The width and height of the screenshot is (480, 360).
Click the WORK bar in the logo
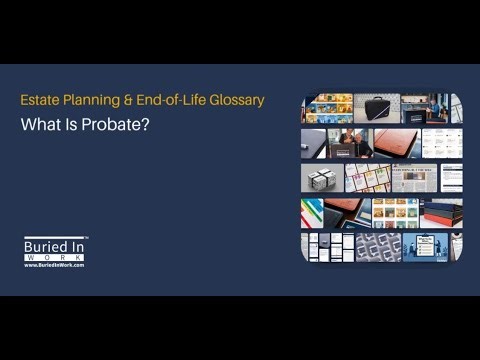(54, 256)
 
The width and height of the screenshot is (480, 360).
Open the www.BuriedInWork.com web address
(54, 265)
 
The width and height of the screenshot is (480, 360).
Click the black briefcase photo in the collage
(376, 108)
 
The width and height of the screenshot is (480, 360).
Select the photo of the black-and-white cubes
(322, 178)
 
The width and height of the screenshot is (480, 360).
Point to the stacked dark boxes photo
(440, 212)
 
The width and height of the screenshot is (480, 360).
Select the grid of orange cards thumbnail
(395, 212)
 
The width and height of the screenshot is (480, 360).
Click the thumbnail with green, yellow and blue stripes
(311, 212)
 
